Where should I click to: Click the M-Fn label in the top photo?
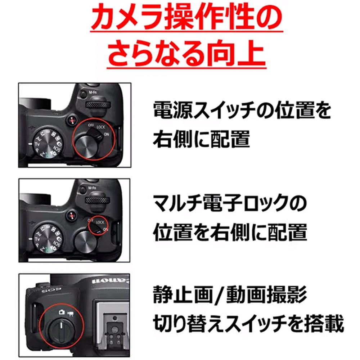[93, 92]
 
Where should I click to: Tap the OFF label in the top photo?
[91, 125]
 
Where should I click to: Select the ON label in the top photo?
[107, 134]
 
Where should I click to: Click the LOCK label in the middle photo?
[100, 222]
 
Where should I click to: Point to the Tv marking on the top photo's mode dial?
[37, 144]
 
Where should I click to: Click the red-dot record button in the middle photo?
[72, 216]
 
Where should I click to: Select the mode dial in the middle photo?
[47, 238]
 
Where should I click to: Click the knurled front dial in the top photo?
[98, 105]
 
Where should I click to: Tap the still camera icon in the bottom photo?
[61, 312]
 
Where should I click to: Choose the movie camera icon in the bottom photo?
[70, 314]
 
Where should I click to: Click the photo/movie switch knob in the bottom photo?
[61, 330]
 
